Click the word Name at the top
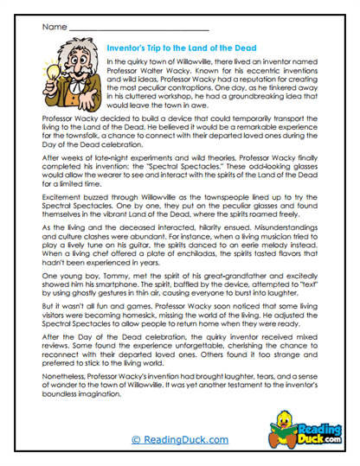(53, 27)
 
